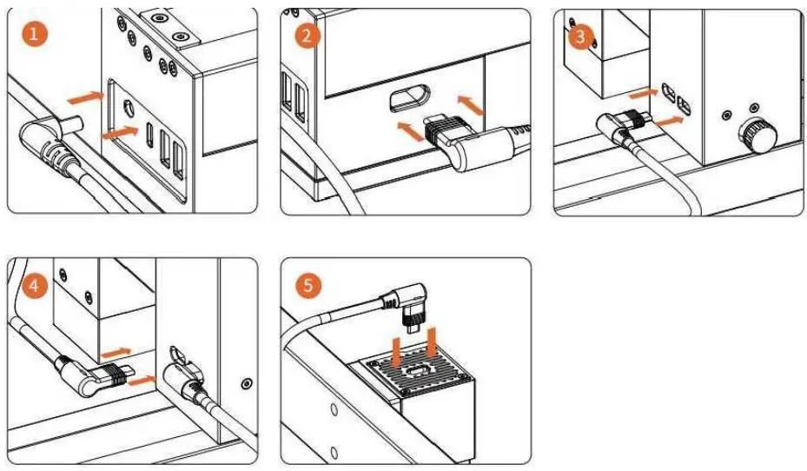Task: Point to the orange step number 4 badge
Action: click(33, 283)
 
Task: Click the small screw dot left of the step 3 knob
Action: click(726, 114)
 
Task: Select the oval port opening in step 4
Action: click(178, 352)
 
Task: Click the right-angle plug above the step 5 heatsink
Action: click(410, 305)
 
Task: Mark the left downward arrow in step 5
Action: click(395, 352)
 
